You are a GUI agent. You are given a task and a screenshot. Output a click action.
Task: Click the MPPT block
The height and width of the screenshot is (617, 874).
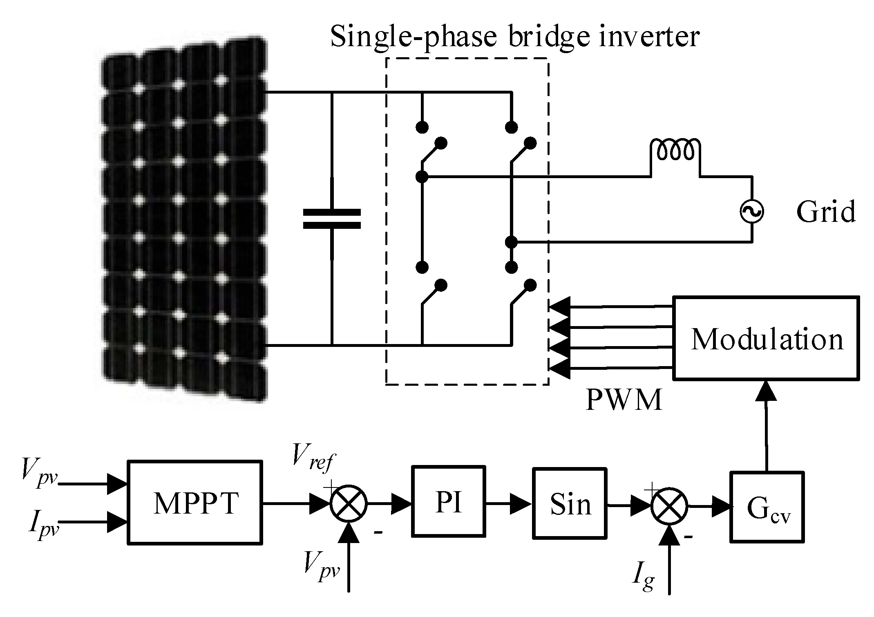click(195, 502)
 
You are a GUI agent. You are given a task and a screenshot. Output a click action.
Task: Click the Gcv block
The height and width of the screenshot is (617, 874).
click(767, 507)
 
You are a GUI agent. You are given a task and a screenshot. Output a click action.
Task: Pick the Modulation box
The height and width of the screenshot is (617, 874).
click(766, 338)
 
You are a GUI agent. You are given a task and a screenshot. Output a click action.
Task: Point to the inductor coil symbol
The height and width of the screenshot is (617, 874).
click(675, 152)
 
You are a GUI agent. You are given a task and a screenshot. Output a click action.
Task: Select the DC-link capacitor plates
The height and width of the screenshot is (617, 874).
click(332, 219)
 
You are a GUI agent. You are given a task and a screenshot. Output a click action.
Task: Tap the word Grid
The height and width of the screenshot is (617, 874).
click(825, 212)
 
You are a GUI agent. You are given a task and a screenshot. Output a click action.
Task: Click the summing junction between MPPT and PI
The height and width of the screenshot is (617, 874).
click(349, 503)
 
